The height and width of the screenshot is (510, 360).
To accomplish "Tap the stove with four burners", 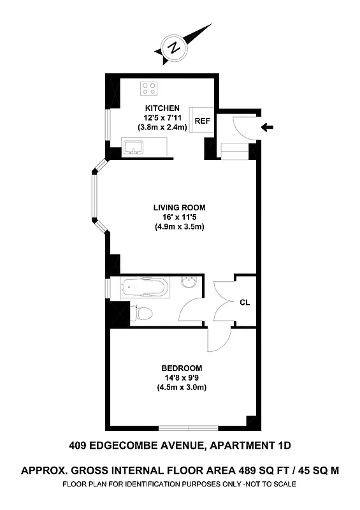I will click(149, 88).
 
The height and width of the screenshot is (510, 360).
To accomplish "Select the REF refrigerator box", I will click(202, 120).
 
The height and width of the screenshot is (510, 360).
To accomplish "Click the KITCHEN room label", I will click(162, 108).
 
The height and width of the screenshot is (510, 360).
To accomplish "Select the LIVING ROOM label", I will click(179, 207).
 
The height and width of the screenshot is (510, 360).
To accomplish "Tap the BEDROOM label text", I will click(182, 368).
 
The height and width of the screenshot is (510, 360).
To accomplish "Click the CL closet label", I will click(244, 303).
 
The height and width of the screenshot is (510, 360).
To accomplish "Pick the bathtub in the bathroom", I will click(147, 288).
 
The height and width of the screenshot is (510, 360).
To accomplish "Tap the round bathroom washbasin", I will click(189, 283).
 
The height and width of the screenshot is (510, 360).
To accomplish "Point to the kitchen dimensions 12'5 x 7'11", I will click(162, 117).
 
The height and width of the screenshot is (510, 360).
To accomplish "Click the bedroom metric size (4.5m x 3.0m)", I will click(182, 388).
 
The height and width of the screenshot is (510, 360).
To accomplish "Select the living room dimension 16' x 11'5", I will click(179, 217).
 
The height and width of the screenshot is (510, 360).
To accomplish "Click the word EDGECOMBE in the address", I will click(133, 446).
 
